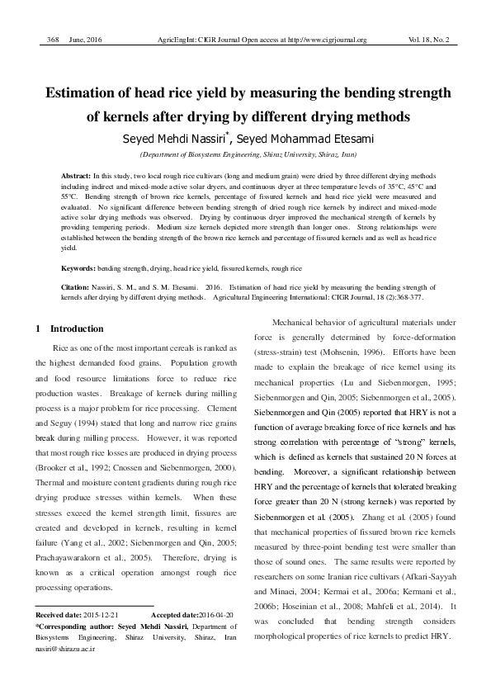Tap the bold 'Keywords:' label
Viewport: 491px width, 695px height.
pos(80,269)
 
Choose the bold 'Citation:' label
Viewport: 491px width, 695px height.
pos(78,287)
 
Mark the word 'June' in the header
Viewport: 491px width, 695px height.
pos(78,40)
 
